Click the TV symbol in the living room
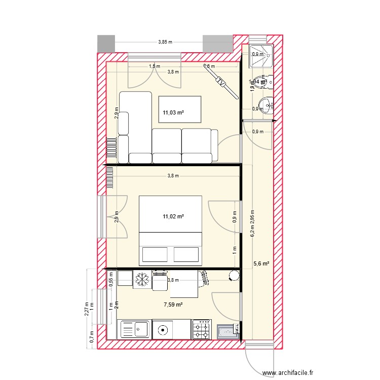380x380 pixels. (x=221, y=81)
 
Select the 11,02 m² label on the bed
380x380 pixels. (x=173, y=216)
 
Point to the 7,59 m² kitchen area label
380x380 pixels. (x=173, y=305)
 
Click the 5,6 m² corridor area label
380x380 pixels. (x=260, y=263)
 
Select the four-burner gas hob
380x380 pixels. (x=202, y=329)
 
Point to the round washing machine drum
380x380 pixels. (x=163, y=329)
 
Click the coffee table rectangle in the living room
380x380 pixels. (x=180, y=109)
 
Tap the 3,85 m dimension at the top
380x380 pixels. (x=165, y=42)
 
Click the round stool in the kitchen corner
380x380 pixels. (x=234, y=276)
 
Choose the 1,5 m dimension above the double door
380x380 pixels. (x=154, y=66)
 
